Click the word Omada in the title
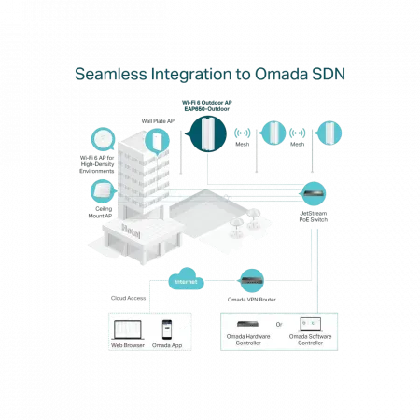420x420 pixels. [x=281, y=74]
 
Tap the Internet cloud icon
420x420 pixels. [x=186, y=279]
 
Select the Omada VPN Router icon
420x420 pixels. [x=252, y=281]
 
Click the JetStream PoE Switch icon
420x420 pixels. [x=314, y=193]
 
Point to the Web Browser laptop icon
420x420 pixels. [x=128, y=329]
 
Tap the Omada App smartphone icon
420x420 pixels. [x=167, y=329]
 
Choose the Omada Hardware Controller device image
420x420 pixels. [x=247, y=324]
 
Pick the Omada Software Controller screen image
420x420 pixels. [x=310, y=325]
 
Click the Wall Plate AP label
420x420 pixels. [x=158, y=121]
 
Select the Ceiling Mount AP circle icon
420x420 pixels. [x=102, y=191]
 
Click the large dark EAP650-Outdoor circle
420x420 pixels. [x=207, y=134]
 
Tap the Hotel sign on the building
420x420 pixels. [x=131, y=231]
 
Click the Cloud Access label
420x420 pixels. [x=128, y=298]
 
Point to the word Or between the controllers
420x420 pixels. [x=279, y=324]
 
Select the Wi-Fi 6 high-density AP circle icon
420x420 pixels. [x=103, y=139]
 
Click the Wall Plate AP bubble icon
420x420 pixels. [x=157, y=141]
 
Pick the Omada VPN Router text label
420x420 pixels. [x=252, y=300]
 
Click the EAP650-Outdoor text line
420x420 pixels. [x=207, y=109]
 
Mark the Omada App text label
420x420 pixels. [x=167, y=345]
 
